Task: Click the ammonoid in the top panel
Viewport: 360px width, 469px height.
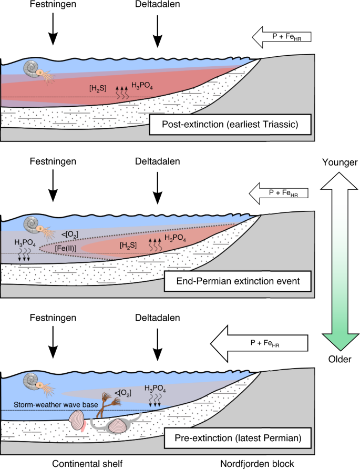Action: (37, 69)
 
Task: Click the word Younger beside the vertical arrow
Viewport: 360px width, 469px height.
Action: (338, 162)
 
